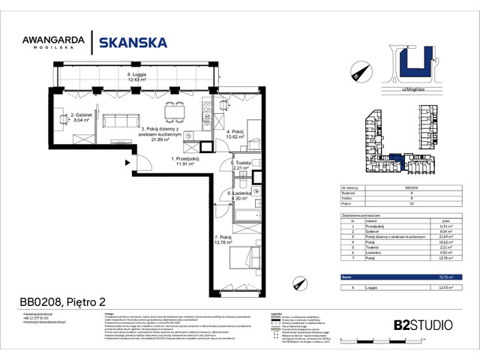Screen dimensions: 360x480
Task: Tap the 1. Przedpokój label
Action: [x=184, y=162]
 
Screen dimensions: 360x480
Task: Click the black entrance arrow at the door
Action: [x=130, y=162]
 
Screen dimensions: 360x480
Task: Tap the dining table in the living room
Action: [x=177, y=108]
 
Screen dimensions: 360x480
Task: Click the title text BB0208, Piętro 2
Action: [x=64, y=303]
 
